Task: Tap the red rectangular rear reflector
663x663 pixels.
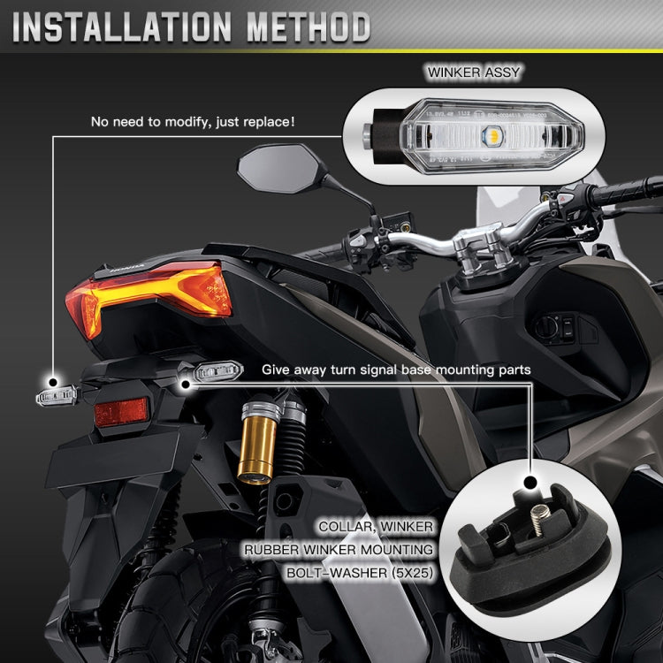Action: point(121,411)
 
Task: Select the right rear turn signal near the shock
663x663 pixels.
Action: point(210,372)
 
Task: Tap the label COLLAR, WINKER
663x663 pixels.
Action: point(376,527)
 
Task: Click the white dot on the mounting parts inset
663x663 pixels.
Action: point(530,483)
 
